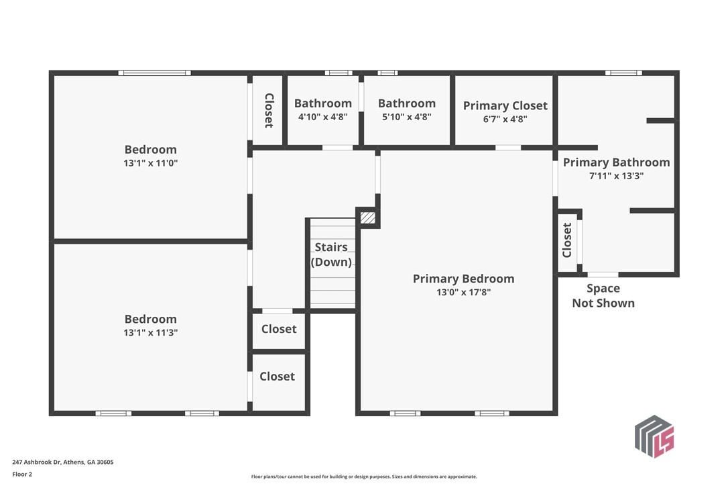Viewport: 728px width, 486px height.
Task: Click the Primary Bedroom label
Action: click(x=463, y=279)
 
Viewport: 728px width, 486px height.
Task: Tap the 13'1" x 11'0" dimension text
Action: click(x=151, y=163)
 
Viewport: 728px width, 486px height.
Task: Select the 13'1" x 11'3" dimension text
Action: click(x=151, y=333)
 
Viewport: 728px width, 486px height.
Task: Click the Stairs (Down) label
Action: click(x=331, y=254)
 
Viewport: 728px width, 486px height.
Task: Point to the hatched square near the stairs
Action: click(x=367, y=218)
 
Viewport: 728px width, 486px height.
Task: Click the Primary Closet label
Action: click(x=505, y=105)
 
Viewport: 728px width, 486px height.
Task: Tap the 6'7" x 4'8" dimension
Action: click(x=505, y=119)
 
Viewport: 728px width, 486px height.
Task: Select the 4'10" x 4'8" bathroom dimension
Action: click(x=322, y=117)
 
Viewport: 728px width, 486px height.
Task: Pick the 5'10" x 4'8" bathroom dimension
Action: click(x=406, y=117)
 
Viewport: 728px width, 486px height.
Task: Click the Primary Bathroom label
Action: click(x=616, y=162)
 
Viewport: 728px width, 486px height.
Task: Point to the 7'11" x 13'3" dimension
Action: click(x=616, y=176)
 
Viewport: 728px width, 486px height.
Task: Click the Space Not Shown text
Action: click(x=603, y=295)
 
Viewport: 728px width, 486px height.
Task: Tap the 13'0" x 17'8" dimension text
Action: click(x=463, y=293)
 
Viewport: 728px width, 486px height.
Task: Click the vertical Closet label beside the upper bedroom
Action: click(x=269, y=110)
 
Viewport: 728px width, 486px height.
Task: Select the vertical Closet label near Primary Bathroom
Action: click(x=567, y=240)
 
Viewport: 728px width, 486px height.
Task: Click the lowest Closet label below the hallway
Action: click(x=277, y=377)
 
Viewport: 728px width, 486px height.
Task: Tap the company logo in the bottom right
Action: click(x=654, y=436)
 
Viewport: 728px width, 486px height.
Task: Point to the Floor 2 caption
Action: click(x=22, y=474)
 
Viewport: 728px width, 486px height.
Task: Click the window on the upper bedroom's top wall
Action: click(x=154, y=72)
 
